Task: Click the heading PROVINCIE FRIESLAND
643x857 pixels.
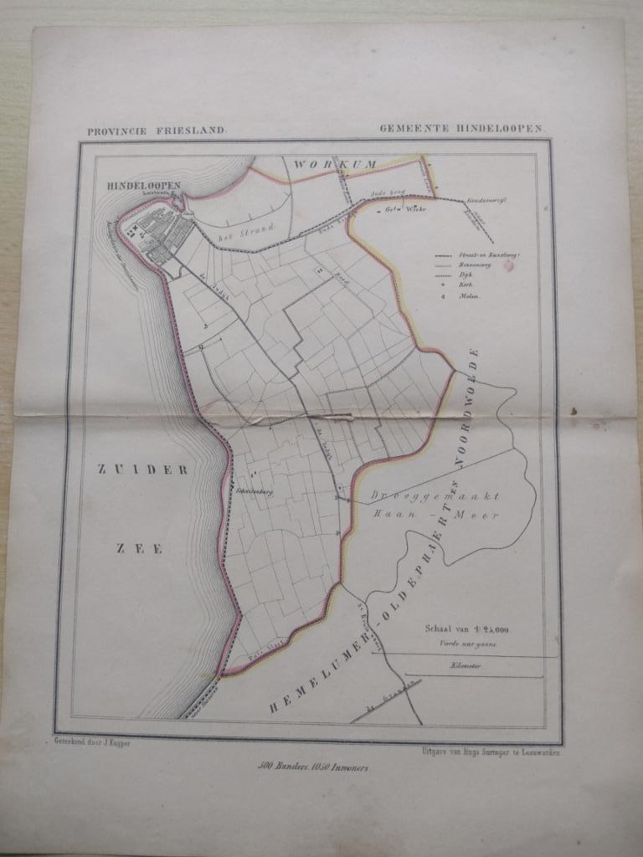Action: point(156,131)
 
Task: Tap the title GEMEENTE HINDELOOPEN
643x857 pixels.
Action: point(462,130)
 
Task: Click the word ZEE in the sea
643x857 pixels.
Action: point(137,549)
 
